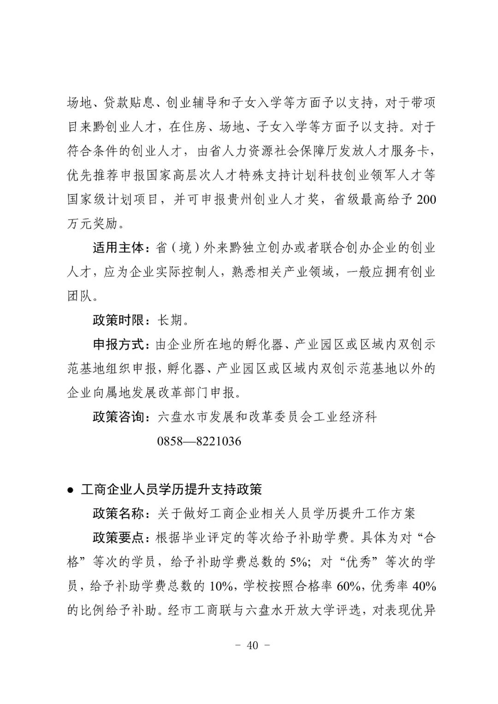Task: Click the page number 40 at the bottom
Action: pyautogui.click(x=252, y=645)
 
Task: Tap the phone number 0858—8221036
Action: pyautogui.click(x=199, y=441)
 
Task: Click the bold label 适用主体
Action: pyautogui.click(x=119, y=248)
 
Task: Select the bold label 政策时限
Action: pyautogui.click(x=119, y=320)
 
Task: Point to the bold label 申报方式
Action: pyautogui.click(x=119, y=344)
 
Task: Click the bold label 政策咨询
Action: pyautogui.click(x=119, y=417)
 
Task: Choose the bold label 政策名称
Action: pyautogui.click(x=119, y=513)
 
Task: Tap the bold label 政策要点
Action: pyautogui.click(x=119, y=538)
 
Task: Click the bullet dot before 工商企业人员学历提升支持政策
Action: pyautogui.click(x=70, y=490)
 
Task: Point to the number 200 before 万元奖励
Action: pyautogui.click(x=426, y=200)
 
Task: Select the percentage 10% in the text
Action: pyautogui.click(x=221, y=586)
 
